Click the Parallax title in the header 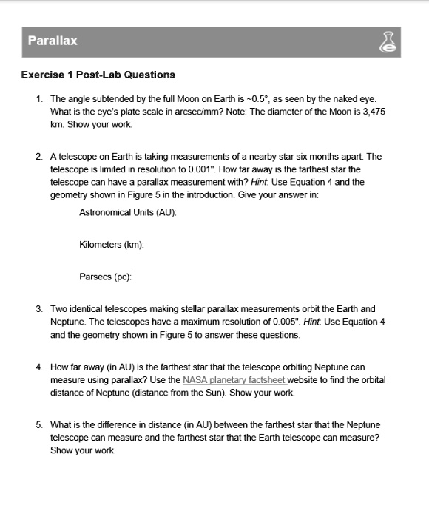pos(53,41)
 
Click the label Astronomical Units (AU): pos(128,212)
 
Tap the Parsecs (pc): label pos(105,277)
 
